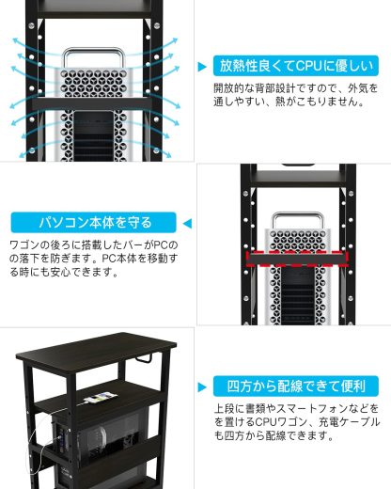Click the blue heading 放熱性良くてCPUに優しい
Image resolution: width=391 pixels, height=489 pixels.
(x=296, y=66)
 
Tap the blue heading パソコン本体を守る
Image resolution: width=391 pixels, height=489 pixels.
(x=94, y=223)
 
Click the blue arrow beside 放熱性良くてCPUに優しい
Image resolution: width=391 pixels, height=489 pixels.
(x=203, y=67)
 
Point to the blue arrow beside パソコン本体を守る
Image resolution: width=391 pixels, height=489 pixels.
(x=186, y=223)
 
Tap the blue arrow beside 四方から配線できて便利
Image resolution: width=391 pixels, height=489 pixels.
(x=203, y=386)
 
